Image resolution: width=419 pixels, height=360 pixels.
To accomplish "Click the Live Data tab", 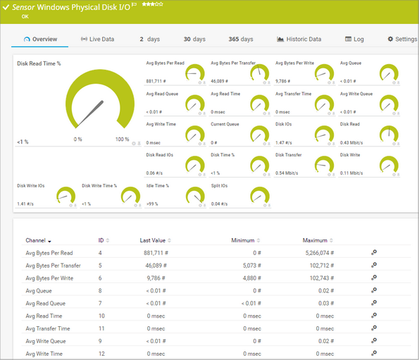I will pos(97,39).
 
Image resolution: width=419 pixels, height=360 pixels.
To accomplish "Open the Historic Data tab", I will pos(299,39).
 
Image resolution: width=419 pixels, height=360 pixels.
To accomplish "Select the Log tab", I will pos(354,39).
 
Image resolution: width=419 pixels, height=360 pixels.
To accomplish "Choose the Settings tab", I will pos(402,39).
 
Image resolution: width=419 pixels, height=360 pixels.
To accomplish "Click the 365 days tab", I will pos(241,39).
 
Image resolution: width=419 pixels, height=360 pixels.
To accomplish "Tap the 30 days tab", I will pos(194,39).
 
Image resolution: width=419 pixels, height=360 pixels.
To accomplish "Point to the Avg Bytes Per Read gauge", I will pos(195,73).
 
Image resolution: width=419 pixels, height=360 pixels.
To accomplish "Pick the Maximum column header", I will pos(315,241).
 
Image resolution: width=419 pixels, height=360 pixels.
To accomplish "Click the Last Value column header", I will pos(152,241).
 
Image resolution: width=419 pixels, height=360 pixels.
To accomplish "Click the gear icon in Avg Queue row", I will pos(374,290).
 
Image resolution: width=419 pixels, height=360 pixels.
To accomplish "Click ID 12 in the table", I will pos(101,354).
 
